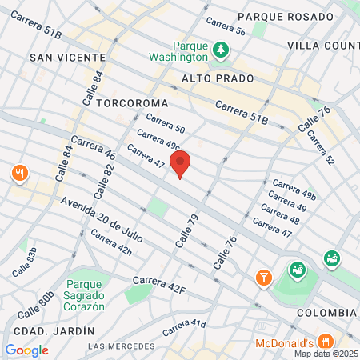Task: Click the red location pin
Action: (x=180, y=163)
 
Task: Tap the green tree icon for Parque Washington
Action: (x=222, y=50)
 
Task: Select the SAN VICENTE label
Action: (x=67, y=58)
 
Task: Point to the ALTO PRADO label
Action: (x=218, y=78)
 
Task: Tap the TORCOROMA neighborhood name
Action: (x=132, y=103)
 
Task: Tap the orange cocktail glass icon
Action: (x=262, y=277)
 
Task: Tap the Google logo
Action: (x=26, y=350)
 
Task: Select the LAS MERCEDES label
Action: (x=120, y=346)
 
